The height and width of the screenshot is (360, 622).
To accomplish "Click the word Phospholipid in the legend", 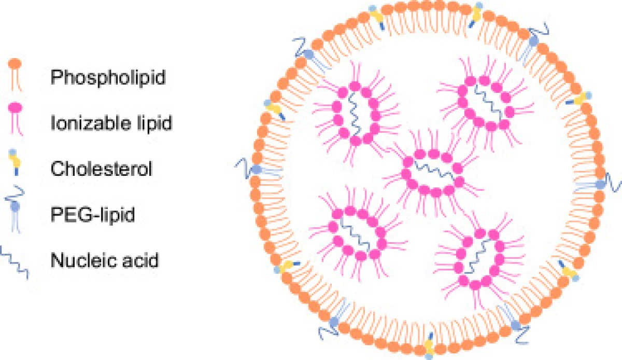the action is coord(108,77).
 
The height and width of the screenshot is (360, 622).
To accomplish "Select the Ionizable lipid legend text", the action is coord(111,123).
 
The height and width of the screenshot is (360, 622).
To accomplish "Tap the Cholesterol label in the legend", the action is coord(102,169).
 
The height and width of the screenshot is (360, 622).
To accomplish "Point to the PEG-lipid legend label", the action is coord(93,214).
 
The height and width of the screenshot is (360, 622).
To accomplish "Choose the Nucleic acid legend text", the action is coord(105,260).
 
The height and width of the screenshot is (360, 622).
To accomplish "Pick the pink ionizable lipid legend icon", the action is coord(16,118).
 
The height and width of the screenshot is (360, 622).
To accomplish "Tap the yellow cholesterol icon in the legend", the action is coord(15,162).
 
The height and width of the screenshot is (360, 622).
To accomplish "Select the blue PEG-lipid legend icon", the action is coord(15,209).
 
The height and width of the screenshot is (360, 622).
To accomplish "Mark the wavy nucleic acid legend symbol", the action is coord(14,262).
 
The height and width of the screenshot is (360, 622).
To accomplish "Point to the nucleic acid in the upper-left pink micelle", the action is coord(355,114).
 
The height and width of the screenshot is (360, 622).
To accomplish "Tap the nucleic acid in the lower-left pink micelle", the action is coord(356,234).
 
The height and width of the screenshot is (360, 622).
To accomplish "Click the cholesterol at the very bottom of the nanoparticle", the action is coord(430,345).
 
